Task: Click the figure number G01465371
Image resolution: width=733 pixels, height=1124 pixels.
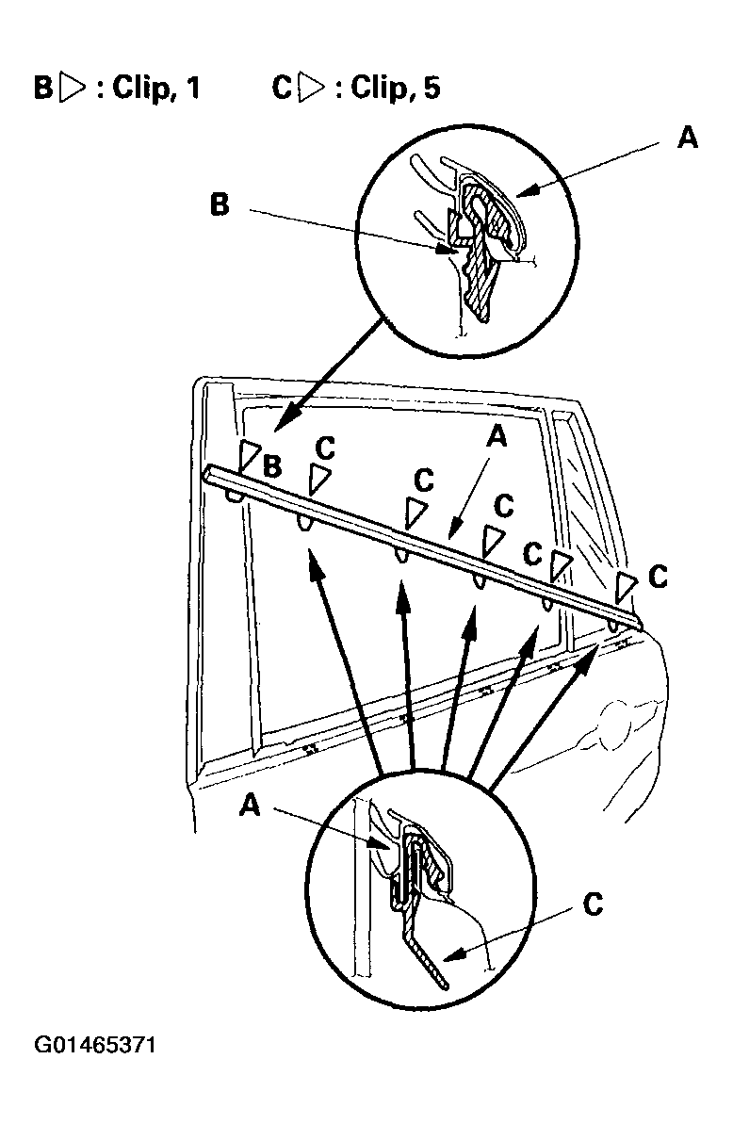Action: [x=94, y=1044]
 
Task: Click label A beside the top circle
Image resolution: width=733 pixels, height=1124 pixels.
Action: [x=687, y=137]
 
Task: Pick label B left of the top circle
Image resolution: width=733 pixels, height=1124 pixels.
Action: [x=220, y=204]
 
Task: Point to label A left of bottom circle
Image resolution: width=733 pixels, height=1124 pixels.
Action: [x=250, y=806]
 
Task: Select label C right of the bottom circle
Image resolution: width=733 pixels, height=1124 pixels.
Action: [x=594, y=904]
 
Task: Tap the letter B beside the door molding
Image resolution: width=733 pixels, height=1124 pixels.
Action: [x=272, y=466]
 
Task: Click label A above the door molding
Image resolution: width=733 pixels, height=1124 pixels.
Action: [x=497, y=435]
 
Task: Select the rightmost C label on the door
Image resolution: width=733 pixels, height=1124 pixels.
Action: [x=657, y=577]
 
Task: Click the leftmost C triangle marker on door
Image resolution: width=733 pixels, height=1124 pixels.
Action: [x=318, y=479]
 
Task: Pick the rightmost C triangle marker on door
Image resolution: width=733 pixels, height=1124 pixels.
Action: [x=627, y=585]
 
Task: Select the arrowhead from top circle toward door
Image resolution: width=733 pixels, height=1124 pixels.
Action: [x=282, y=422]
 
